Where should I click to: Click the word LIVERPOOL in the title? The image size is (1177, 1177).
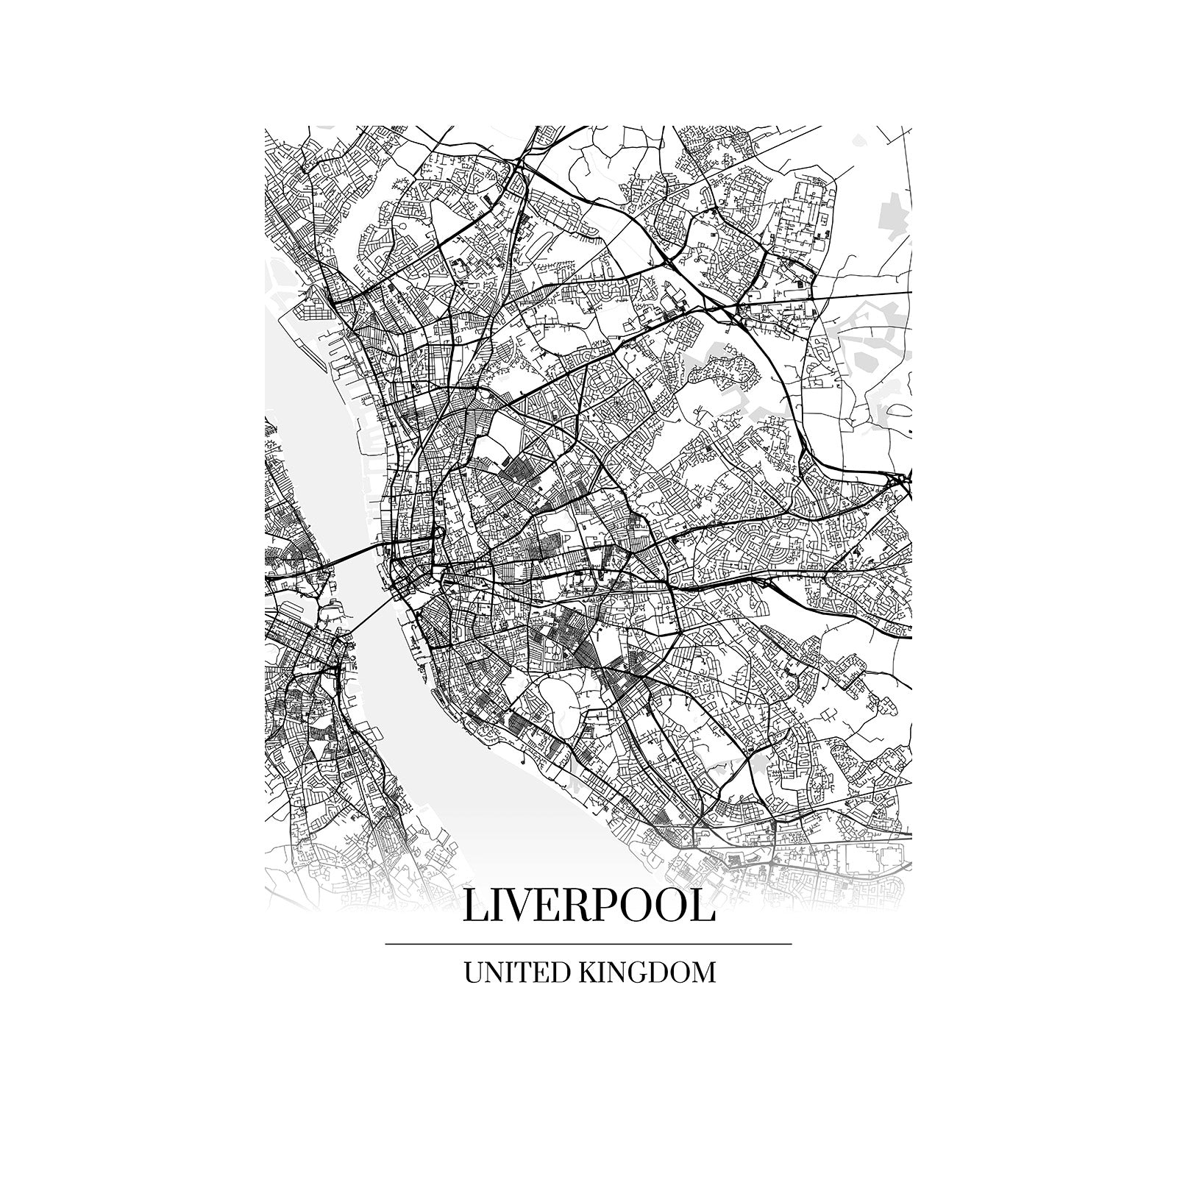pyautogui.click(x=588, y=906)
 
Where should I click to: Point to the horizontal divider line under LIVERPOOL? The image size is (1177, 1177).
pyautogui.click(x=588, y=943)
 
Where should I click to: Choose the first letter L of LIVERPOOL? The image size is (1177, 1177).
pyautogui.click(x=476, y=906)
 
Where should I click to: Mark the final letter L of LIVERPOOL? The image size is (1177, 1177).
pyautogui.click(x=702, y=906)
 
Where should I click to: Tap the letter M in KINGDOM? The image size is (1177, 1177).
pyautogui.click(x=702, y=972)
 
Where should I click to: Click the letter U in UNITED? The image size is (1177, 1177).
pyautogui.click(x=473, y=972)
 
